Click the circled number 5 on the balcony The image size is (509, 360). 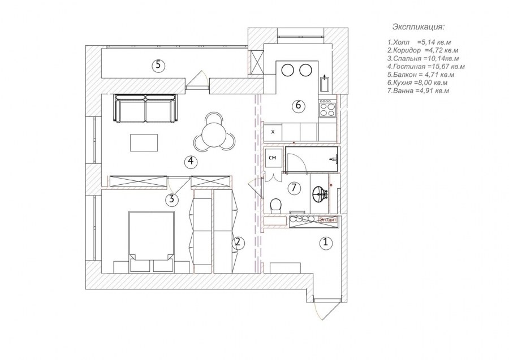click(x=158, y=66)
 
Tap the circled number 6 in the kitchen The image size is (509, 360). click(x=298, y=106)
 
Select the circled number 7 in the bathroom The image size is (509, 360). click(x=294, y=188)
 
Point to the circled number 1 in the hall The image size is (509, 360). click(x=326, y=242)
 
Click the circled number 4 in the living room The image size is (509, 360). click(x=191, y=161)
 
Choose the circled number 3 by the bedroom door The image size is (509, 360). click(x=172, y=199)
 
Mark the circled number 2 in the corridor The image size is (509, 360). click(x=238, y=242)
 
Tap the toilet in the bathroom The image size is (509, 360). click(x=275, y=205)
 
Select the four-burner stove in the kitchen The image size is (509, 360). click(x=327, y=109)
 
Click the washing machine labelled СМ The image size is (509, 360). click(x=273, y=158)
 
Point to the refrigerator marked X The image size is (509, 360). click(x=273, y=132)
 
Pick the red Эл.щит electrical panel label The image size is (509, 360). click(x=328, y=220)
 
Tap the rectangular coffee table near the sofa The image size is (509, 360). click(x=144, y=143)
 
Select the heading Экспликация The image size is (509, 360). click(x=418, y=27)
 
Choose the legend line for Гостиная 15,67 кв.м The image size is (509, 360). click(x=426, y=67)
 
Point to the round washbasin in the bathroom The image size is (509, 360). click(x=319, y=194)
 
